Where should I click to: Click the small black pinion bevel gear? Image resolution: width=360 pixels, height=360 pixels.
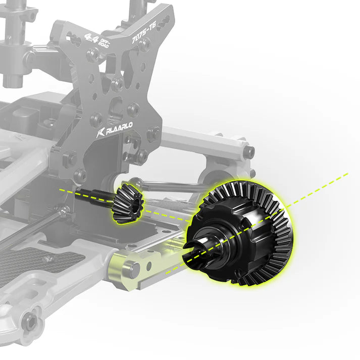click(x=127, y=201)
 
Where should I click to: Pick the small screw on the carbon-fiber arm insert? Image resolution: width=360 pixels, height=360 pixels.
click(x=48, y=259)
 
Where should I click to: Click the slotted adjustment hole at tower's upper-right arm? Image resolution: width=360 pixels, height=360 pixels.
click(x=165, y=19)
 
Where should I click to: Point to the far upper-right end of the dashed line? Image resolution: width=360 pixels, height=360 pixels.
click(x=347, y=175)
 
